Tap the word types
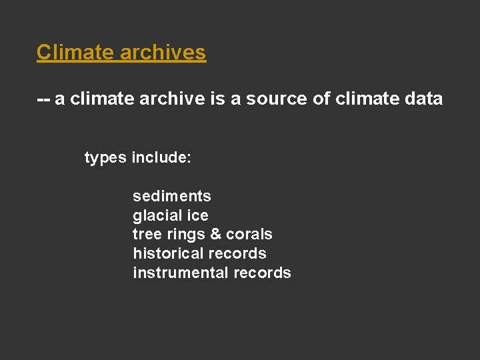105,158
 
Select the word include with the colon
162,158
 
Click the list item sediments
172,196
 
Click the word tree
147,234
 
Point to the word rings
185,234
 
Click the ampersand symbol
215,234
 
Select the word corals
249,234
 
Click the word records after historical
237,253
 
